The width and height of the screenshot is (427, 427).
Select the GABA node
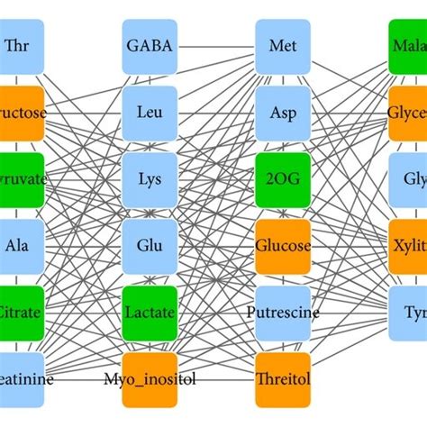(150, 46)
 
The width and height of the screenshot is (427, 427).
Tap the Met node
(283, 46)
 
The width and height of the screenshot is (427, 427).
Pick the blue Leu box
(150, 113)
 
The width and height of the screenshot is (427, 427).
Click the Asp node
(283, 113)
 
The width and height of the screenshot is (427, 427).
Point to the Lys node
(150, 179)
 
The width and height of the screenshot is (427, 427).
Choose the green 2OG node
(283, 179)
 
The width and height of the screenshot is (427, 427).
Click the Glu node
(150, 246)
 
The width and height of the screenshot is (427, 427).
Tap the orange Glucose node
(283, 246)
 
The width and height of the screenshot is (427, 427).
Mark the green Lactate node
(150, 313)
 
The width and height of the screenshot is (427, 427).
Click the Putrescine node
(283, 313)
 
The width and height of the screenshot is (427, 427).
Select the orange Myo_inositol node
(150, 379)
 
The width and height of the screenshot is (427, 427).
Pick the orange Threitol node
(283, 379)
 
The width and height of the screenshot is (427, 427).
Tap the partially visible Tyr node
(409, 313)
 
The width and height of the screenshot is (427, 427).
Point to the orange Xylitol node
(409, 246)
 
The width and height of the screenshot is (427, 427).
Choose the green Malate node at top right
(409, 46)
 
